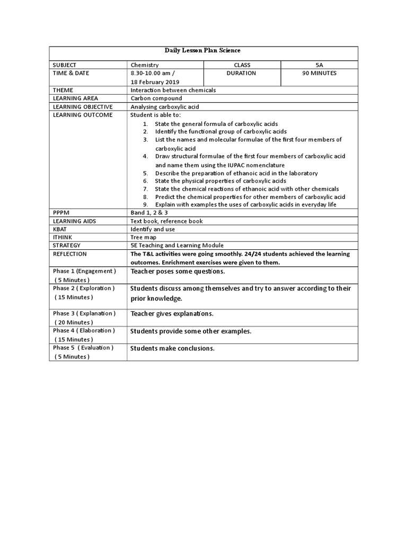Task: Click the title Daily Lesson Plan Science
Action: coord(203,51)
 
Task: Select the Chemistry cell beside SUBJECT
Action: coord(145,65)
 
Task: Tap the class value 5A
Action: coord(319,65)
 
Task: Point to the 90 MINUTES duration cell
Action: coord(319,74)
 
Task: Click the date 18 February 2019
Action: coord(155,82)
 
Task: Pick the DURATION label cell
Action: coord(241,74)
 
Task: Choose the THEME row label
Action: coord(63,91)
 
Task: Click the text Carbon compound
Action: coord(156,99)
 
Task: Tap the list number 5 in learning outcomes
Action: coord(145,174)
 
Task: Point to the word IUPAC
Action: coord(228,165)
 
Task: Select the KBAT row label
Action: coord(60,229)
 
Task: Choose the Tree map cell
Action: coord(144,238)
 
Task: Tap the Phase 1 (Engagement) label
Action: coord(84,271)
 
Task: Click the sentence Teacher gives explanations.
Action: coord(172,314)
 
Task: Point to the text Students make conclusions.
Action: coord(172,348)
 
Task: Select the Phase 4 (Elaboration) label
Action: coord(83,331)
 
